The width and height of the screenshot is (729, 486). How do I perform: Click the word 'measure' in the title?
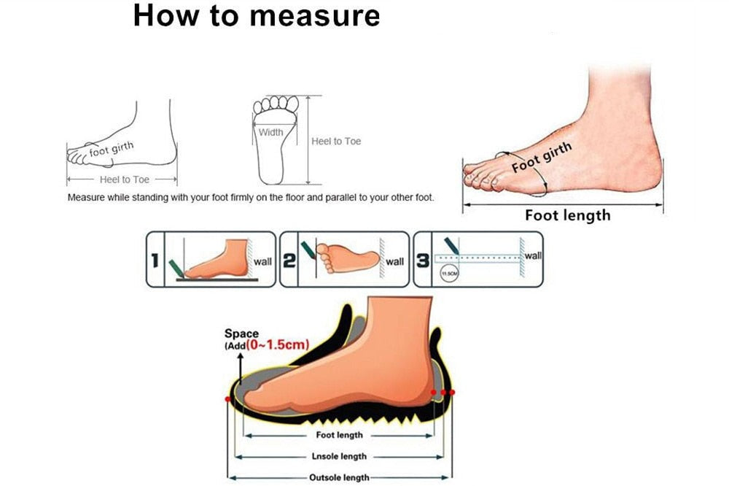click(315, 16)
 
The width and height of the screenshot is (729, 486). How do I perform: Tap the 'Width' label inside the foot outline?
click(270, 132)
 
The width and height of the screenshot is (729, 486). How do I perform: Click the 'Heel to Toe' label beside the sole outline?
click(335, 141)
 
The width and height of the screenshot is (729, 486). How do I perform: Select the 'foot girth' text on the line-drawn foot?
click(111, 149)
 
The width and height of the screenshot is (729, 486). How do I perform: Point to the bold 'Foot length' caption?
click(568, 215)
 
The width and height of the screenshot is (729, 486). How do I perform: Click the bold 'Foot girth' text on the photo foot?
click(542, 157)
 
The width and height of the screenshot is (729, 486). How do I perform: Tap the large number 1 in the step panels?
click(155, 261)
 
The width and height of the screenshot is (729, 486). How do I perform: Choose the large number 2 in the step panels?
click(289, 261)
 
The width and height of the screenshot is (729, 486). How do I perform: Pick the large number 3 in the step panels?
click(423, 261)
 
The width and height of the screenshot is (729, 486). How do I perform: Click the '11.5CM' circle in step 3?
click(449, 273)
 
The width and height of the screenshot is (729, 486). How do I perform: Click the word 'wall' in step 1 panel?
click(262, 262)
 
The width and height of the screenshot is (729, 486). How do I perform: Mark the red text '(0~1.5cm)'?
click(278, 344)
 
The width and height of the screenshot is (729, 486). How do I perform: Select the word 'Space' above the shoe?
click(241, 333)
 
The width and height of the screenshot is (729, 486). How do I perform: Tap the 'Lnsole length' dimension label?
click(339, 456)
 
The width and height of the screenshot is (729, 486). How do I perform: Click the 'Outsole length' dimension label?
click(339, 478)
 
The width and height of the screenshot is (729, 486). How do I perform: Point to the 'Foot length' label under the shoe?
click(340, 435)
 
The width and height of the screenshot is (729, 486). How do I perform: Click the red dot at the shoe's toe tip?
click(227, 399)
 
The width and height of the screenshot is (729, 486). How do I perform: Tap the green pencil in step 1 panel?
click(176, 268)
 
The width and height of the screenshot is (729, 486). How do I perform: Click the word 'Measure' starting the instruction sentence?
click(86, 197)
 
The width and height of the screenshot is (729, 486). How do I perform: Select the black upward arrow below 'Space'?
click(241, 369)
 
